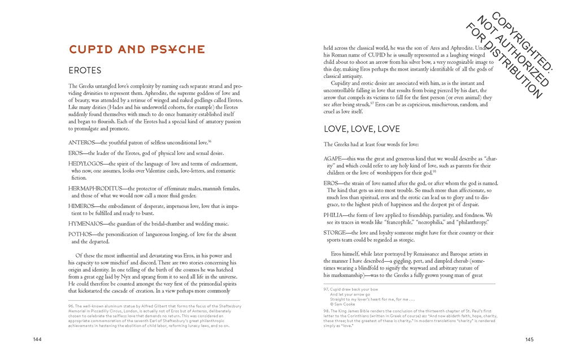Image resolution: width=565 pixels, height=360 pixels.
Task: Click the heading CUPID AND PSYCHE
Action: (x=136, y=50)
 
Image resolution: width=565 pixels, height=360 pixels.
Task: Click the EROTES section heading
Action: (x=85, y=71)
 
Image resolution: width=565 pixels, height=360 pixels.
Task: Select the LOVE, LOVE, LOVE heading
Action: (x=362, y=129)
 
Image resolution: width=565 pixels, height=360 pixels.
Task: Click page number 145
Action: (x=529, y=339)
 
